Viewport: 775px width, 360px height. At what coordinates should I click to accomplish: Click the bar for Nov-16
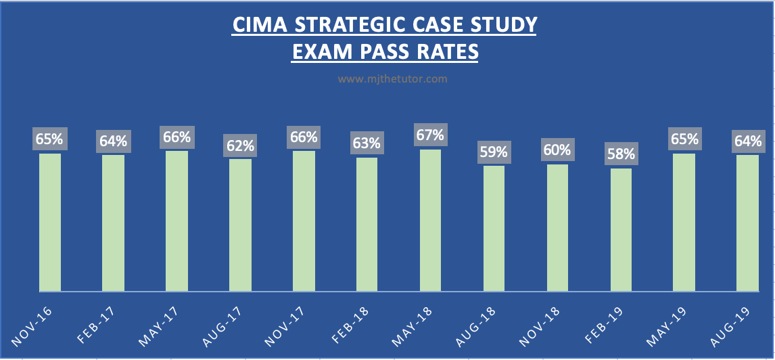(50, 223)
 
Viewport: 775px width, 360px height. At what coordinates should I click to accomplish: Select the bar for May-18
(431, 221)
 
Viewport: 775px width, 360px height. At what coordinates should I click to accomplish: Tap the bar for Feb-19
(621, 230)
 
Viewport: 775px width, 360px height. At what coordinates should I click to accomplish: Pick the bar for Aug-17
(240, 225)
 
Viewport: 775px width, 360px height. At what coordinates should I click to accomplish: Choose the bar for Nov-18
(558, 228)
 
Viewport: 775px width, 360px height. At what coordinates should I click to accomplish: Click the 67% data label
(431, 135)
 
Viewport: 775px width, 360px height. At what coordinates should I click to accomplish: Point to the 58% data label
(621, 154)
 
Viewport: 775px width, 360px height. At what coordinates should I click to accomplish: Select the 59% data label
(494, 151)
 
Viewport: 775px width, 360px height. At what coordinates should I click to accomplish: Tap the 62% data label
(240, 144)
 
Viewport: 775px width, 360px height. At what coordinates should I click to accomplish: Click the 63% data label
(367, 143)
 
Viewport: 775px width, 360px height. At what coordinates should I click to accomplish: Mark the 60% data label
(558, 150)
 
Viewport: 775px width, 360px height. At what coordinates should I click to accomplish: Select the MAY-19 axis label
(667, 323)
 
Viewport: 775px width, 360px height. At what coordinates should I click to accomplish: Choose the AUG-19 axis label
(730, 323)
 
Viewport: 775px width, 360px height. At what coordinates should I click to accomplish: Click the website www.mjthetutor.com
(392, 79)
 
